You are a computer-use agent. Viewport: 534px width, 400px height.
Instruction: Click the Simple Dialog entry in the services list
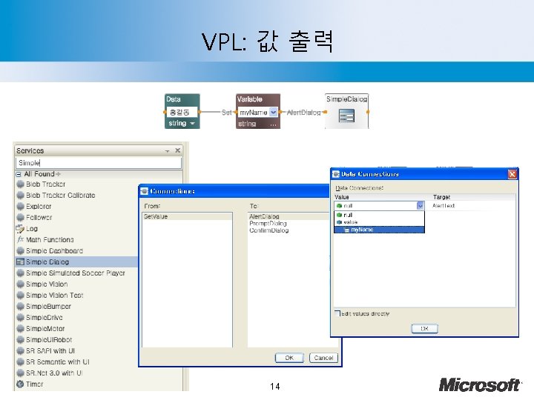point(47,262)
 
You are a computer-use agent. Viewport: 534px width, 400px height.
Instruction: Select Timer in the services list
point(34,384)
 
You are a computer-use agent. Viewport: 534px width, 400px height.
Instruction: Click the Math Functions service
point(49,240)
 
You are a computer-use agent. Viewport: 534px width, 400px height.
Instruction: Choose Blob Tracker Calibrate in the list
point(60,196)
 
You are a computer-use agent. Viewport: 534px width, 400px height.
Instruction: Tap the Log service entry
point(31,229)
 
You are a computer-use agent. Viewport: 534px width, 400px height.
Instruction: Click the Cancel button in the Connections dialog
point(323,358)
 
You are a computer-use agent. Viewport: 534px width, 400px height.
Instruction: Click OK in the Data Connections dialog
point(424,329)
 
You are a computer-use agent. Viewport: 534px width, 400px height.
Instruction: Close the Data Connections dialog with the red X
point(512,173)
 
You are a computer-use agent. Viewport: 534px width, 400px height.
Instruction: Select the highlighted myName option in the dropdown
point(378,230)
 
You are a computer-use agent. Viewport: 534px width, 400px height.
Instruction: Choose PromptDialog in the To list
point(268,223)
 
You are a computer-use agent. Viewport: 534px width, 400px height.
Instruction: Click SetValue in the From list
point(156,216)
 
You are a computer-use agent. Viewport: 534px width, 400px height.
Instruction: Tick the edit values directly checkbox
point(337,313)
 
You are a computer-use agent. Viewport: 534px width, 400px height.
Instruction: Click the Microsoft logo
point(481,384)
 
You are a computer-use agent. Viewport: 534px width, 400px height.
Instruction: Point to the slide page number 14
point(275,387)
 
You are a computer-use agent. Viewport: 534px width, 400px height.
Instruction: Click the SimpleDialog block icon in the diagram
point(346,116)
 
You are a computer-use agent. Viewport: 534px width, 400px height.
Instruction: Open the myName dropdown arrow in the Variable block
point(274,113)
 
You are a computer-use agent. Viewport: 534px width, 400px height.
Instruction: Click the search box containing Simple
point(98,163)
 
